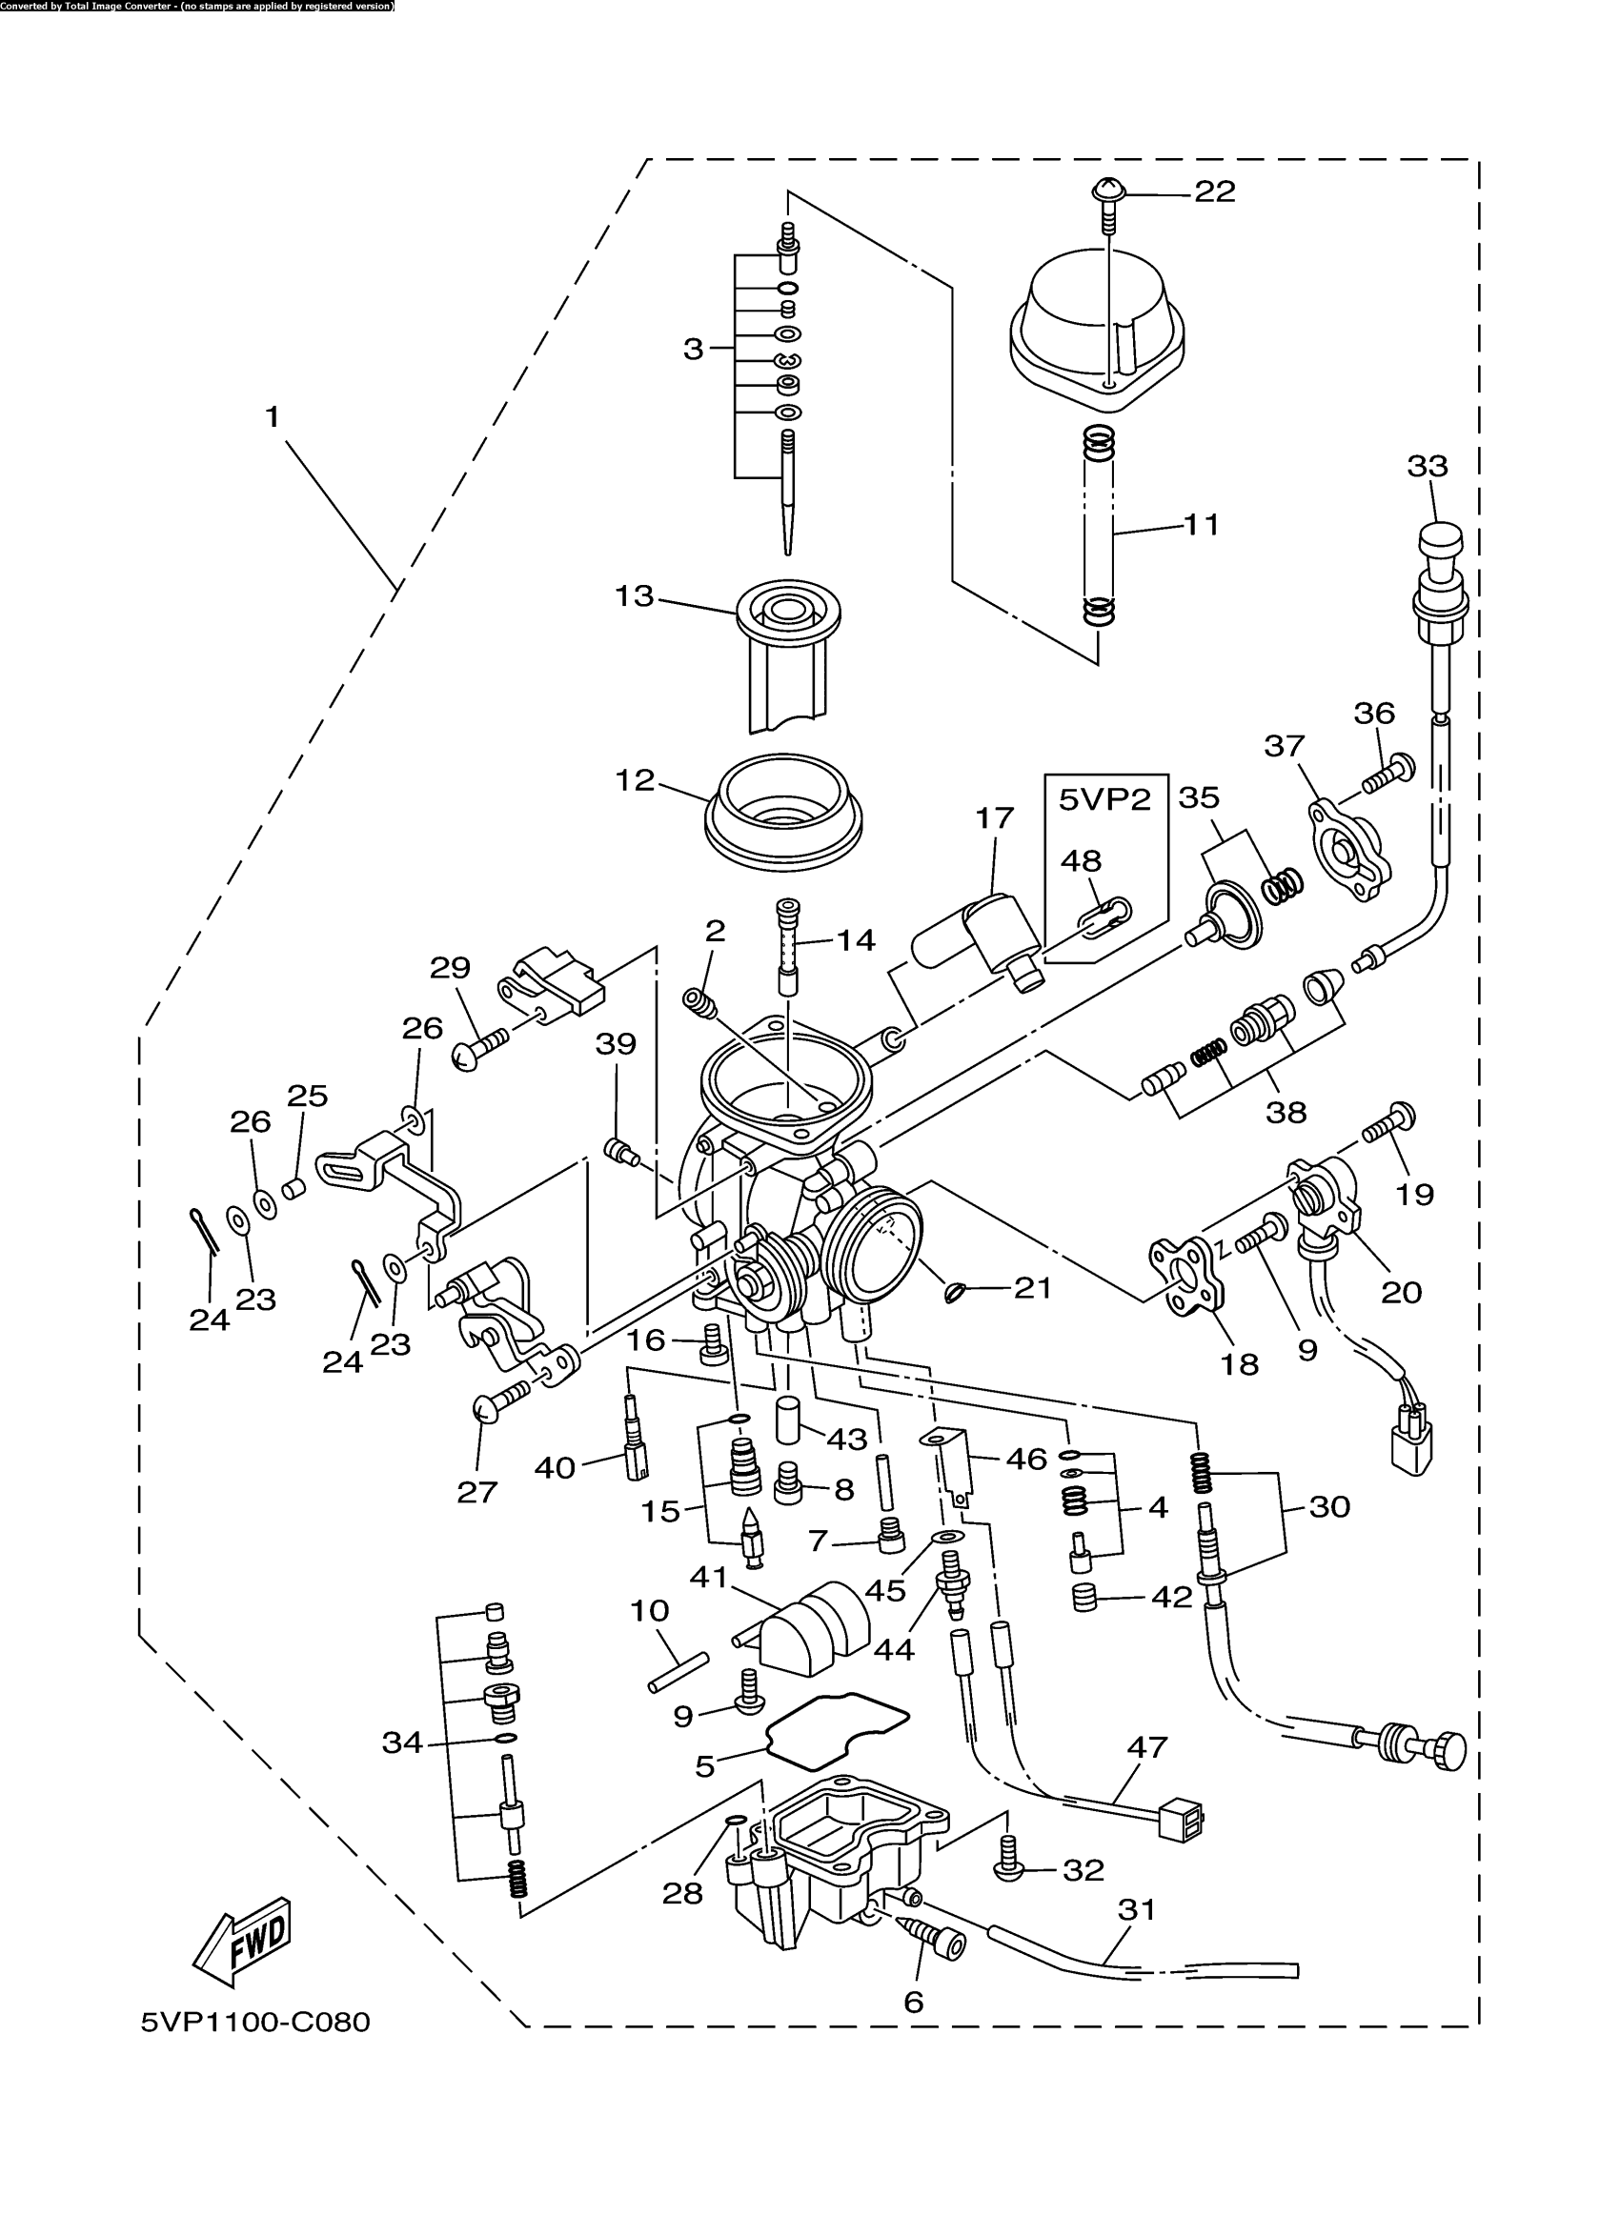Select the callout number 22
[1215, 192]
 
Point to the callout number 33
[1427, 465]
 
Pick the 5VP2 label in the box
[1104, 799]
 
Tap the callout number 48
[1081, 860]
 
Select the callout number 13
[634, 596]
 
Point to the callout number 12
[634, 781]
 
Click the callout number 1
[273, 417]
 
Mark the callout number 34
[402, 1743]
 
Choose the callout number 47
[1146, 1747]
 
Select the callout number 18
[1240, 1364]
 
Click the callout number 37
[1284, 746]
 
